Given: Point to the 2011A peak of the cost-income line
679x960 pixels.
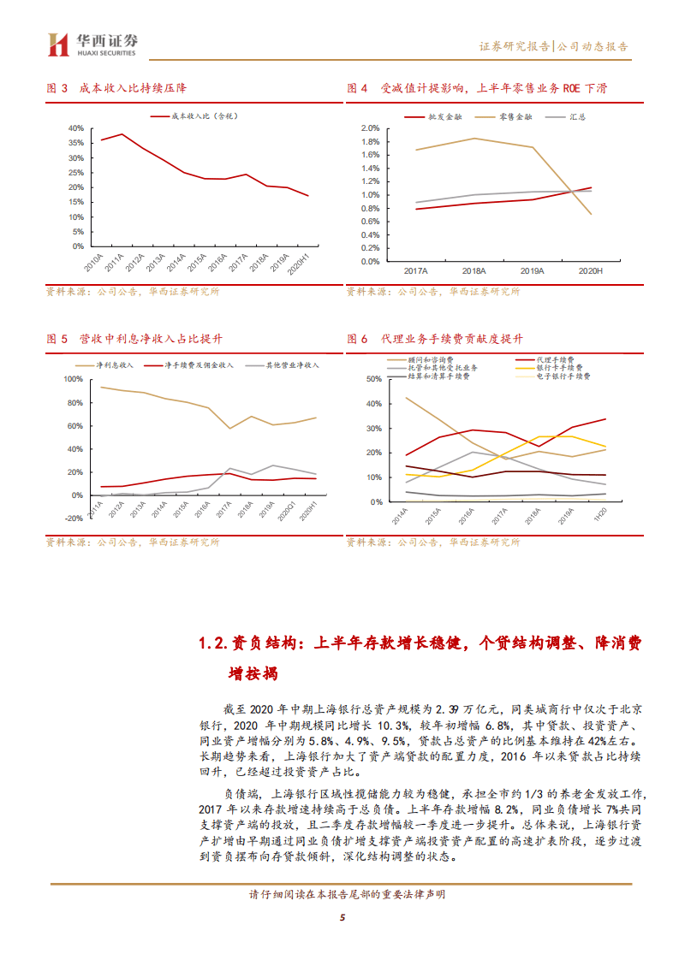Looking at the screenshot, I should click(122, 134).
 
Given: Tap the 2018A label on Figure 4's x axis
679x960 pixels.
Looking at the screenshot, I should click(474, 270).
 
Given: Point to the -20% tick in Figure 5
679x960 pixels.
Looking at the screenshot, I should click(74, 518).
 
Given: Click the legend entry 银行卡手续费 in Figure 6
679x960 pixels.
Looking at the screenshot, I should click(554, 367).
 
